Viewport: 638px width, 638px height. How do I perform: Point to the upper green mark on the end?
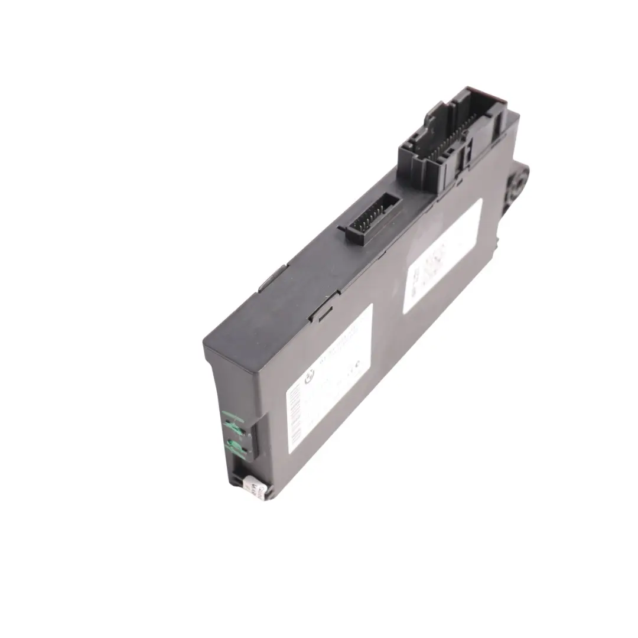click(235, 422)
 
